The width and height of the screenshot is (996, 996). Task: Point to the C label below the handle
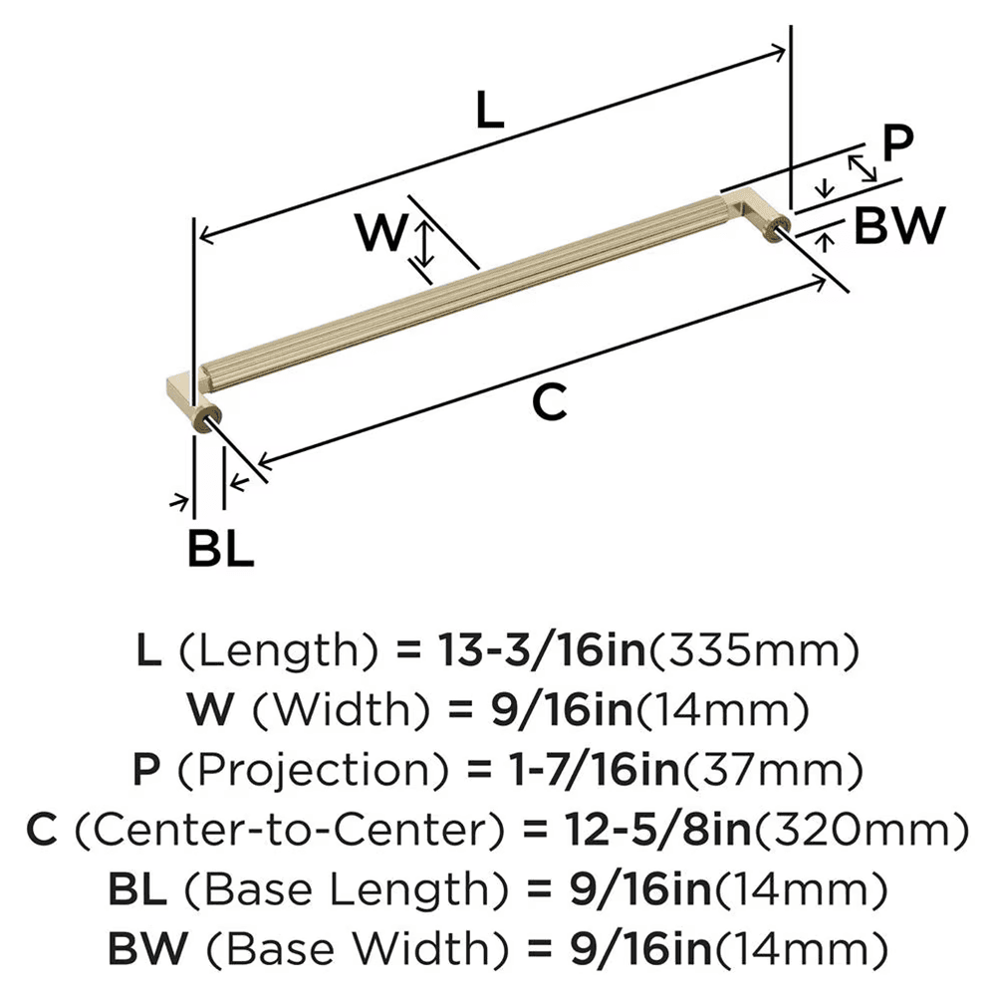click(549, 402)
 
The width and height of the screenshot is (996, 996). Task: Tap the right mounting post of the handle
click(778, 232)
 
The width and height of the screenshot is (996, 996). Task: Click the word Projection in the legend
click(279, 770)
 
